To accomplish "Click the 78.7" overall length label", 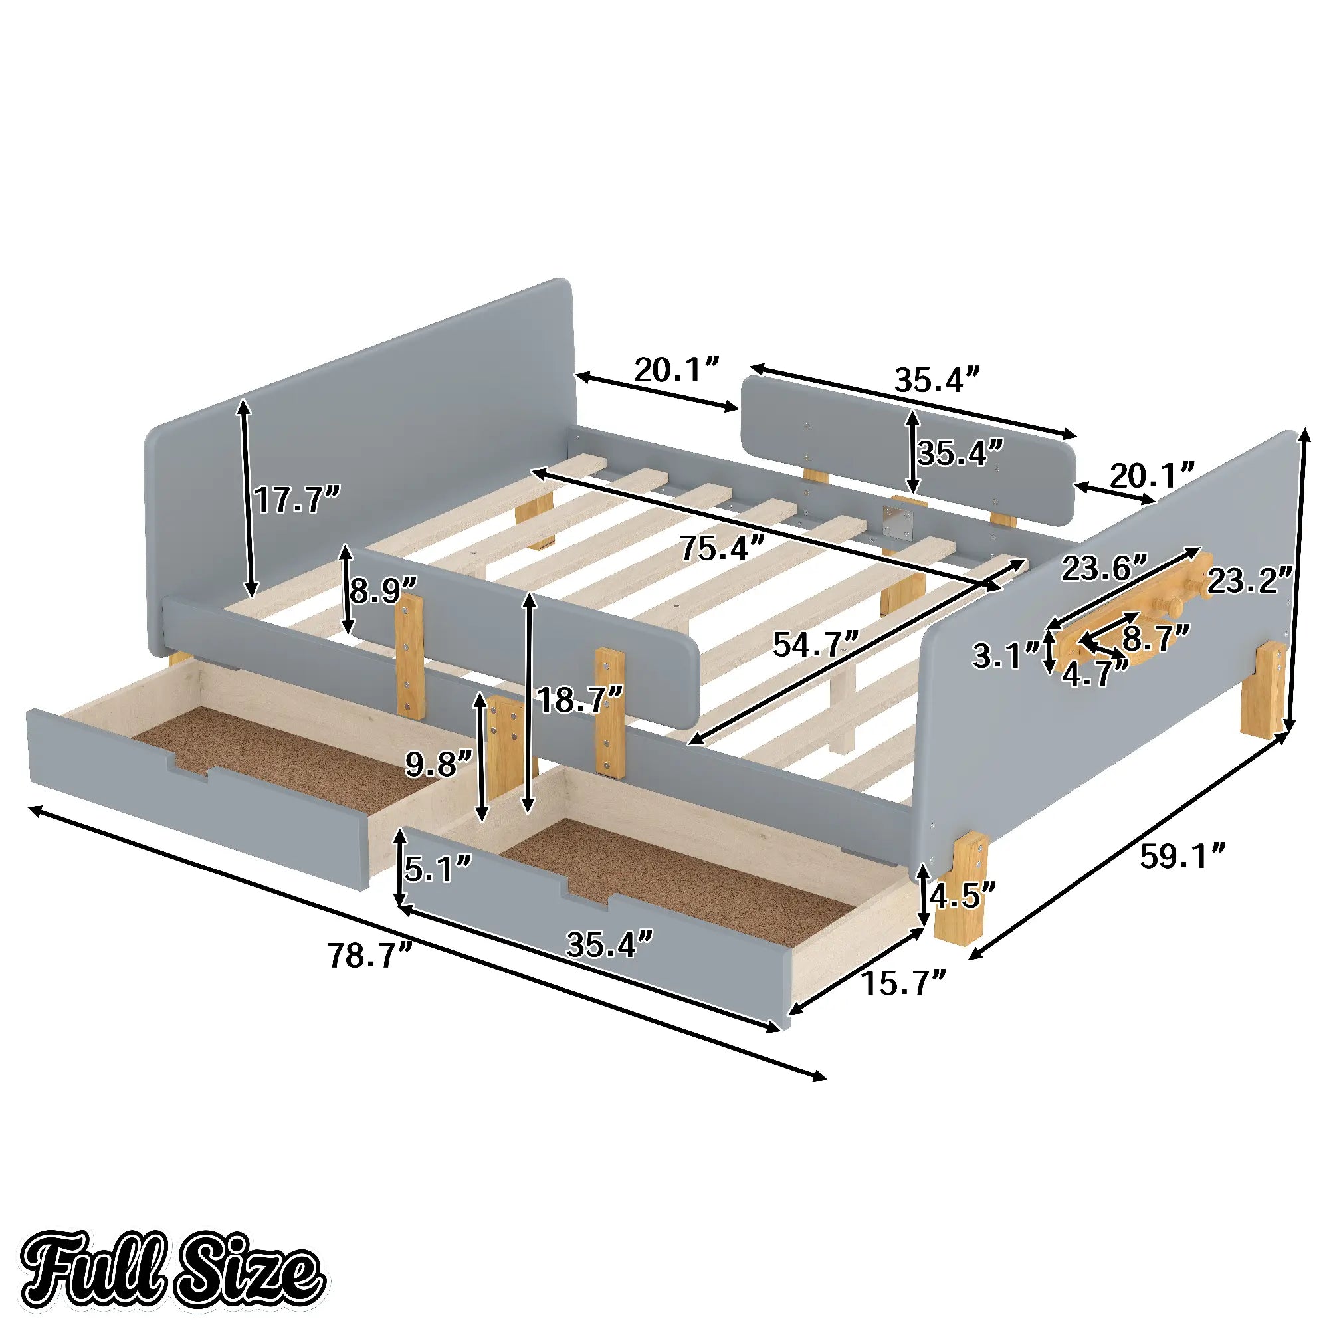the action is pos(370,956).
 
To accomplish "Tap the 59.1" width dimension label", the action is pos(1183,857).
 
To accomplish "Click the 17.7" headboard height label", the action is pos(296,500).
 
